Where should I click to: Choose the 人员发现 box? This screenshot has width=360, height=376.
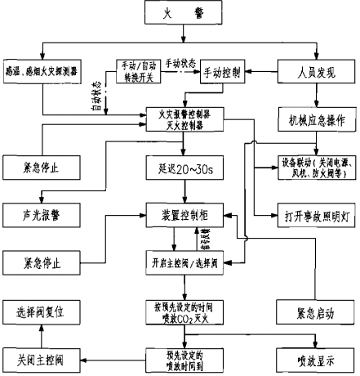(313, 71)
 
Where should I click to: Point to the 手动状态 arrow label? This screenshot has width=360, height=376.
(184, 62)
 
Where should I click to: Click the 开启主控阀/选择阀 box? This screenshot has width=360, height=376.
(184, 262)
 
